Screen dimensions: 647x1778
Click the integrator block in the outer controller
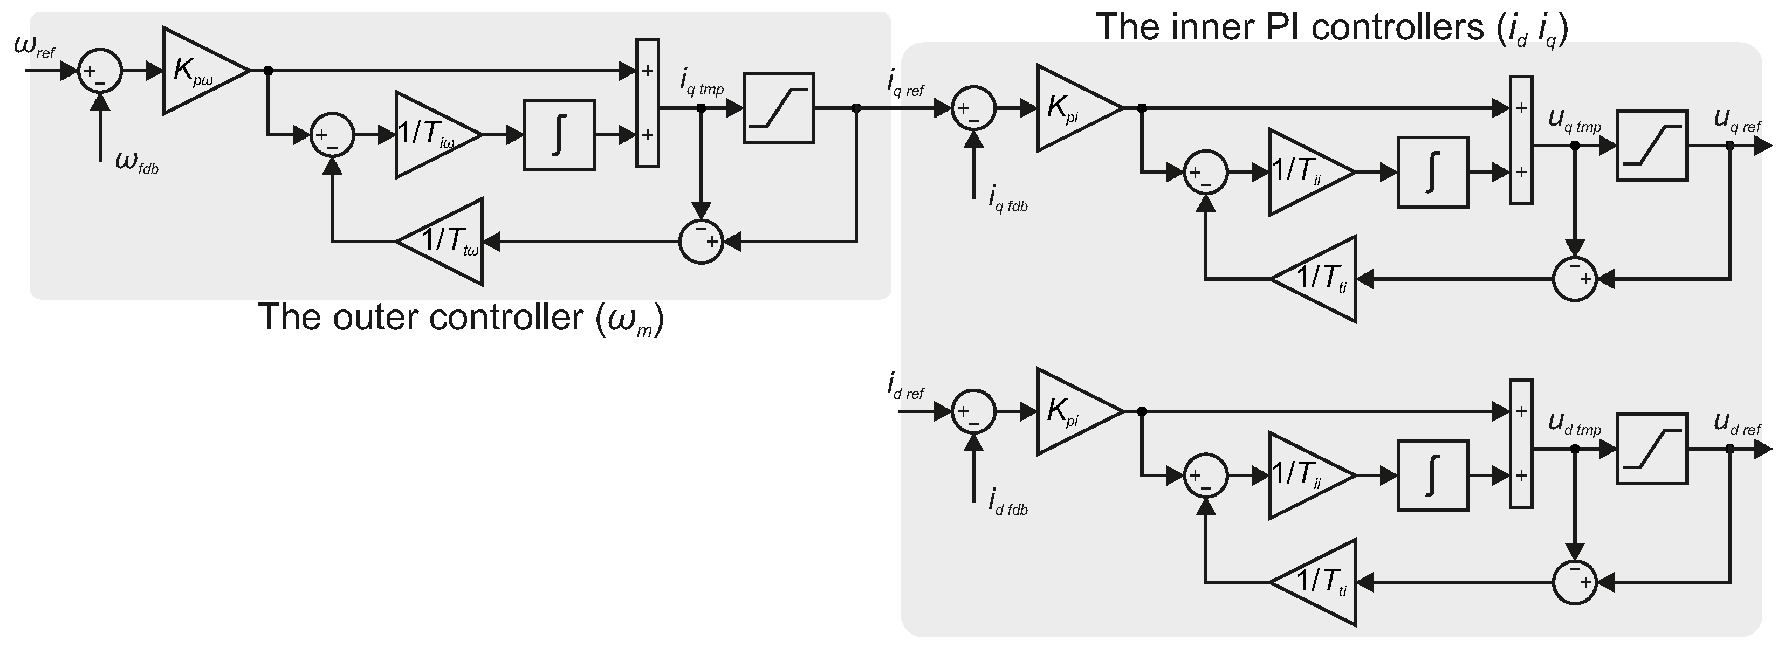point(559,134)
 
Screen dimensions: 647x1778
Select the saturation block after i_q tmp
point(779,108)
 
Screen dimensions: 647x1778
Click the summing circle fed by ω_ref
point(100,70)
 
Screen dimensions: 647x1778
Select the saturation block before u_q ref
point(1652,146)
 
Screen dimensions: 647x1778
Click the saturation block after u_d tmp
point(1652,449)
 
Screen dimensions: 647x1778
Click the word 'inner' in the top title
point(1233,27)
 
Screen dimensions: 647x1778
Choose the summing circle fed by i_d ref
point(973,412)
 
